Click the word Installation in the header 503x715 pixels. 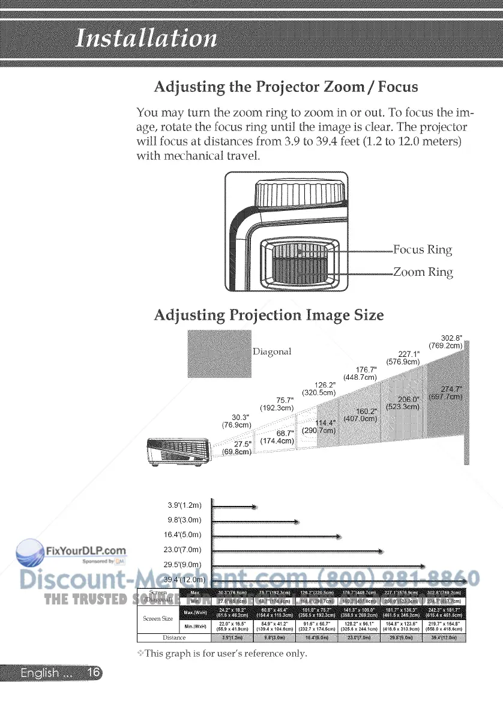[x=146, y=39]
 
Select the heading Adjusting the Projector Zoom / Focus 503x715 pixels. [x=286, y=87]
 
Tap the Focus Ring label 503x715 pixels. [x=423, y=249]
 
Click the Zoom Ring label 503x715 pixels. [x=423, y=272]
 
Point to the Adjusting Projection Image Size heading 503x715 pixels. [x=268, y=315]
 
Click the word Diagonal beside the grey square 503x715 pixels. [x=272, y=351]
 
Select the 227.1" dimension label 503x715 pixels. [x=405, y=358]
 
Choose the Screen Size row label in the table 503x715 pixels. [x=158, y=618]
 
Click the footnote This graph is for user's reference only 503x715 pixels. [x=222, y=653]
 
